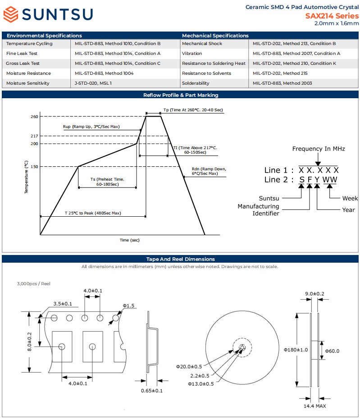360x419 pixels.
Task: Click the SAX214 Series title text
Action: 332,16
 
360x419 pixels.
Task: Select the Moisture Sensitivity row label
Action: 27,83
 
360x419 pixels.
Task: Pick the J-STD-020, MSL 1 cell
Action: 93,83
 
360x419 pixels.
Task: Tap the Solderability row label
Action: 196,83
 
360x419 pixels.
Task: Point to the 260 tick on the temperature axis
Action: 34,117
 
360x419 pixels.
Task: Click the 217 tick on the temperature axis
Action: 34,136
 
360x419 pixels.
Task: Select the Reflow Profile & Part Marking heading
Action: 181,95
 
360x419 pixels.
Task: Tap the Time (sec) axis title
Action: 130,240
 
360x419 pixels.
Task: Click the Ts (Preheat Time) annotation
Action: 107,182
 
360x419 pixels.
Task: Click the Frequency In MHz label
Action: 319,149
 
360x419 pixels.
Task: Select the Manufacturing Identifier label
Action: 258,210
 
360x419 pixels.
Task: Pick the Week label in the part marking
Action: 350,198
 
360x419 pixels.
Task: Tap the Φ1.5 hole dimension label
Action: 129,306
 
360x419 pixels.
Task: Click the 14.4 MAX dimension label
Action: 314,406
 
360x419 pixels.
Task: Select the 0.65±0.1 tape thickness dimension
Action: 152,391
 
